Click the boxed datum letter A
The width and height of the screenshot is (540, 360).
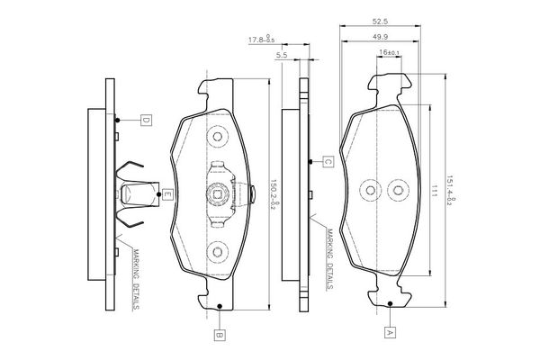tap(390, 332)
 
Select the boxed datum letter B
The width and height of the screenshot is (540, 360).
tap(219, 335)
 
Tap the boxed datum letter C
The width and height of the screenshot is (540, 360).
tap(328, 162)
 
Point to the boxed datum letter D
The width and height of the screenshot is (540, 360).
tap(145, 119)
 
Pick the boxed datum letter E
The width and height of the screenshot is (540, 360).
tap(166, 192)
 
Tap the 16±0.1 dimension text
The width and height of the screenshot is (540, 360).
tap(390, 54)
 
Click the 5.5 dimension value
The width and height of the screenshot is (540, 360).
tap(282, 55)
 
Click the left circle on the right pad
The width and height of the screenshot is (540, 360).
tap(368, 191)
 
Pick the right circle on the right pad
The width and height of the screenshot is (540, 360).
tap(399, 191)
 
